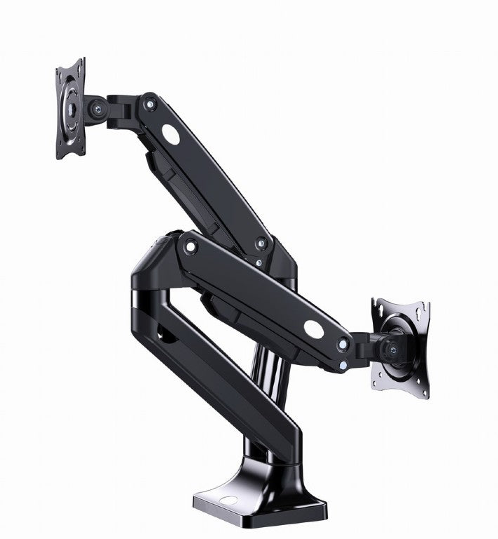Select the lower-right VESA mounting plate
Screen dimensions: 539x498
tap(400, 347)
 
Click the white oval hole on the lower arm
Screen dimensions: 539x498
tap(313, 328)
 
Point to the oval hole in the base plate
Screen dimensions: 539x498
tap(228, 503)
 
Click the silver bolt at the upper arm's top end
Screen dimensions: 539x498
tap(148, 105)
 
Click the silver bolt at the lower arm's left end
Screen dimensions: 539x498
tap(188, 245)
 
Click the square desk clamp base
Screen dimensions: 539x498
tap(260, 495)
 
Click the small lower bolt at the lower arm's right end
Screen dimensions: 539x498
tap(341, 365)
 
